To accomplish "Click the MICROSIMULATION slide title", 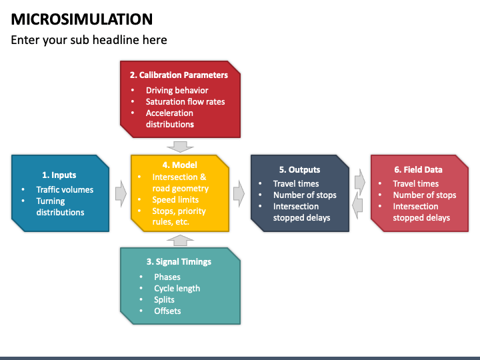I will click(81, 19).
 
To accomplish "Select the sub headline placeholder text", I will click(89, 40).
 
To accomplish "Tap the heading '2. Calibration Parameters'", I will click(179, 75).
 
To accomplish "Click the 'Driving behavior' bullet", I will click(177, 90).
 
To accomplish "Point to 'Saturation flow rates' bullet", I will click(185, 101).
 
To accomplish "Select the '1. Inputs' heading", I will click(59, 175).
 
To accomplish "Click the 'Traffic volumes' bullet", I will click(65, 189).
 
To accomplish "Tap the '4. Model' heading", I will click(180, 165).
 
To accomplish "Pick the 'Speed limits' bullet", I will click(175, 199).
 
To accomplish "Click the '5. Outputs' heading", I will click(299, 169).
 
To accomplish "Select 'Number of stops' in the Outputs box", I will click(305, 195).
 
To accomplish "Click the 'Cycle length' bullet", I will click(177, 288).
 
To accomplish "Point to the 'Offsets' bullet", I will click(167, 311).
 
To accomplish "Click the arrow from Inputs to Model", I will click(121, 193).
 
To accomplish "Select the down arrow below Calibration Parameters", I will click(180, 146).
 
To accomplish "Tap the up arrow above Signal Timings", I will click(180, 239).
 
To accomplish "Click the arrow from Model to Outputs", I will click(239, 193).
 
